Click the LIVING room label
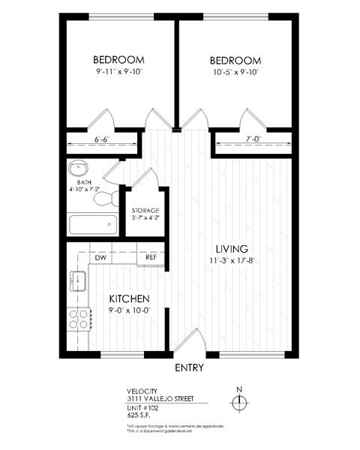(232, 248)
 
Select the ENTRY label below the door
(190, 368)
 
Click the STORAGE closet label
(145, 211)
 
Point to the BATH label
(84, 181)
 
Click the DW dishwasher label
(100, 257)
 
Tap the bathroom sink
(79, 167)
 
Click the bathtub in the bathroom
(92, 225)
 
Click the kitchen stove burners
(78, 320)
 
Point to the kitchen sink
(76, 282)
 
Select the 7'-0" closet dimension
(251, 139)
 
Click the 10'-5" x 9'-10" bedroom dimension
(235, 73)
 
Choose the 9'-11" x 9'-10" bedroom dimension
(118, 73)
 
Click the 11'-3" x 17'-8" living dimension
(232, 261)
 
